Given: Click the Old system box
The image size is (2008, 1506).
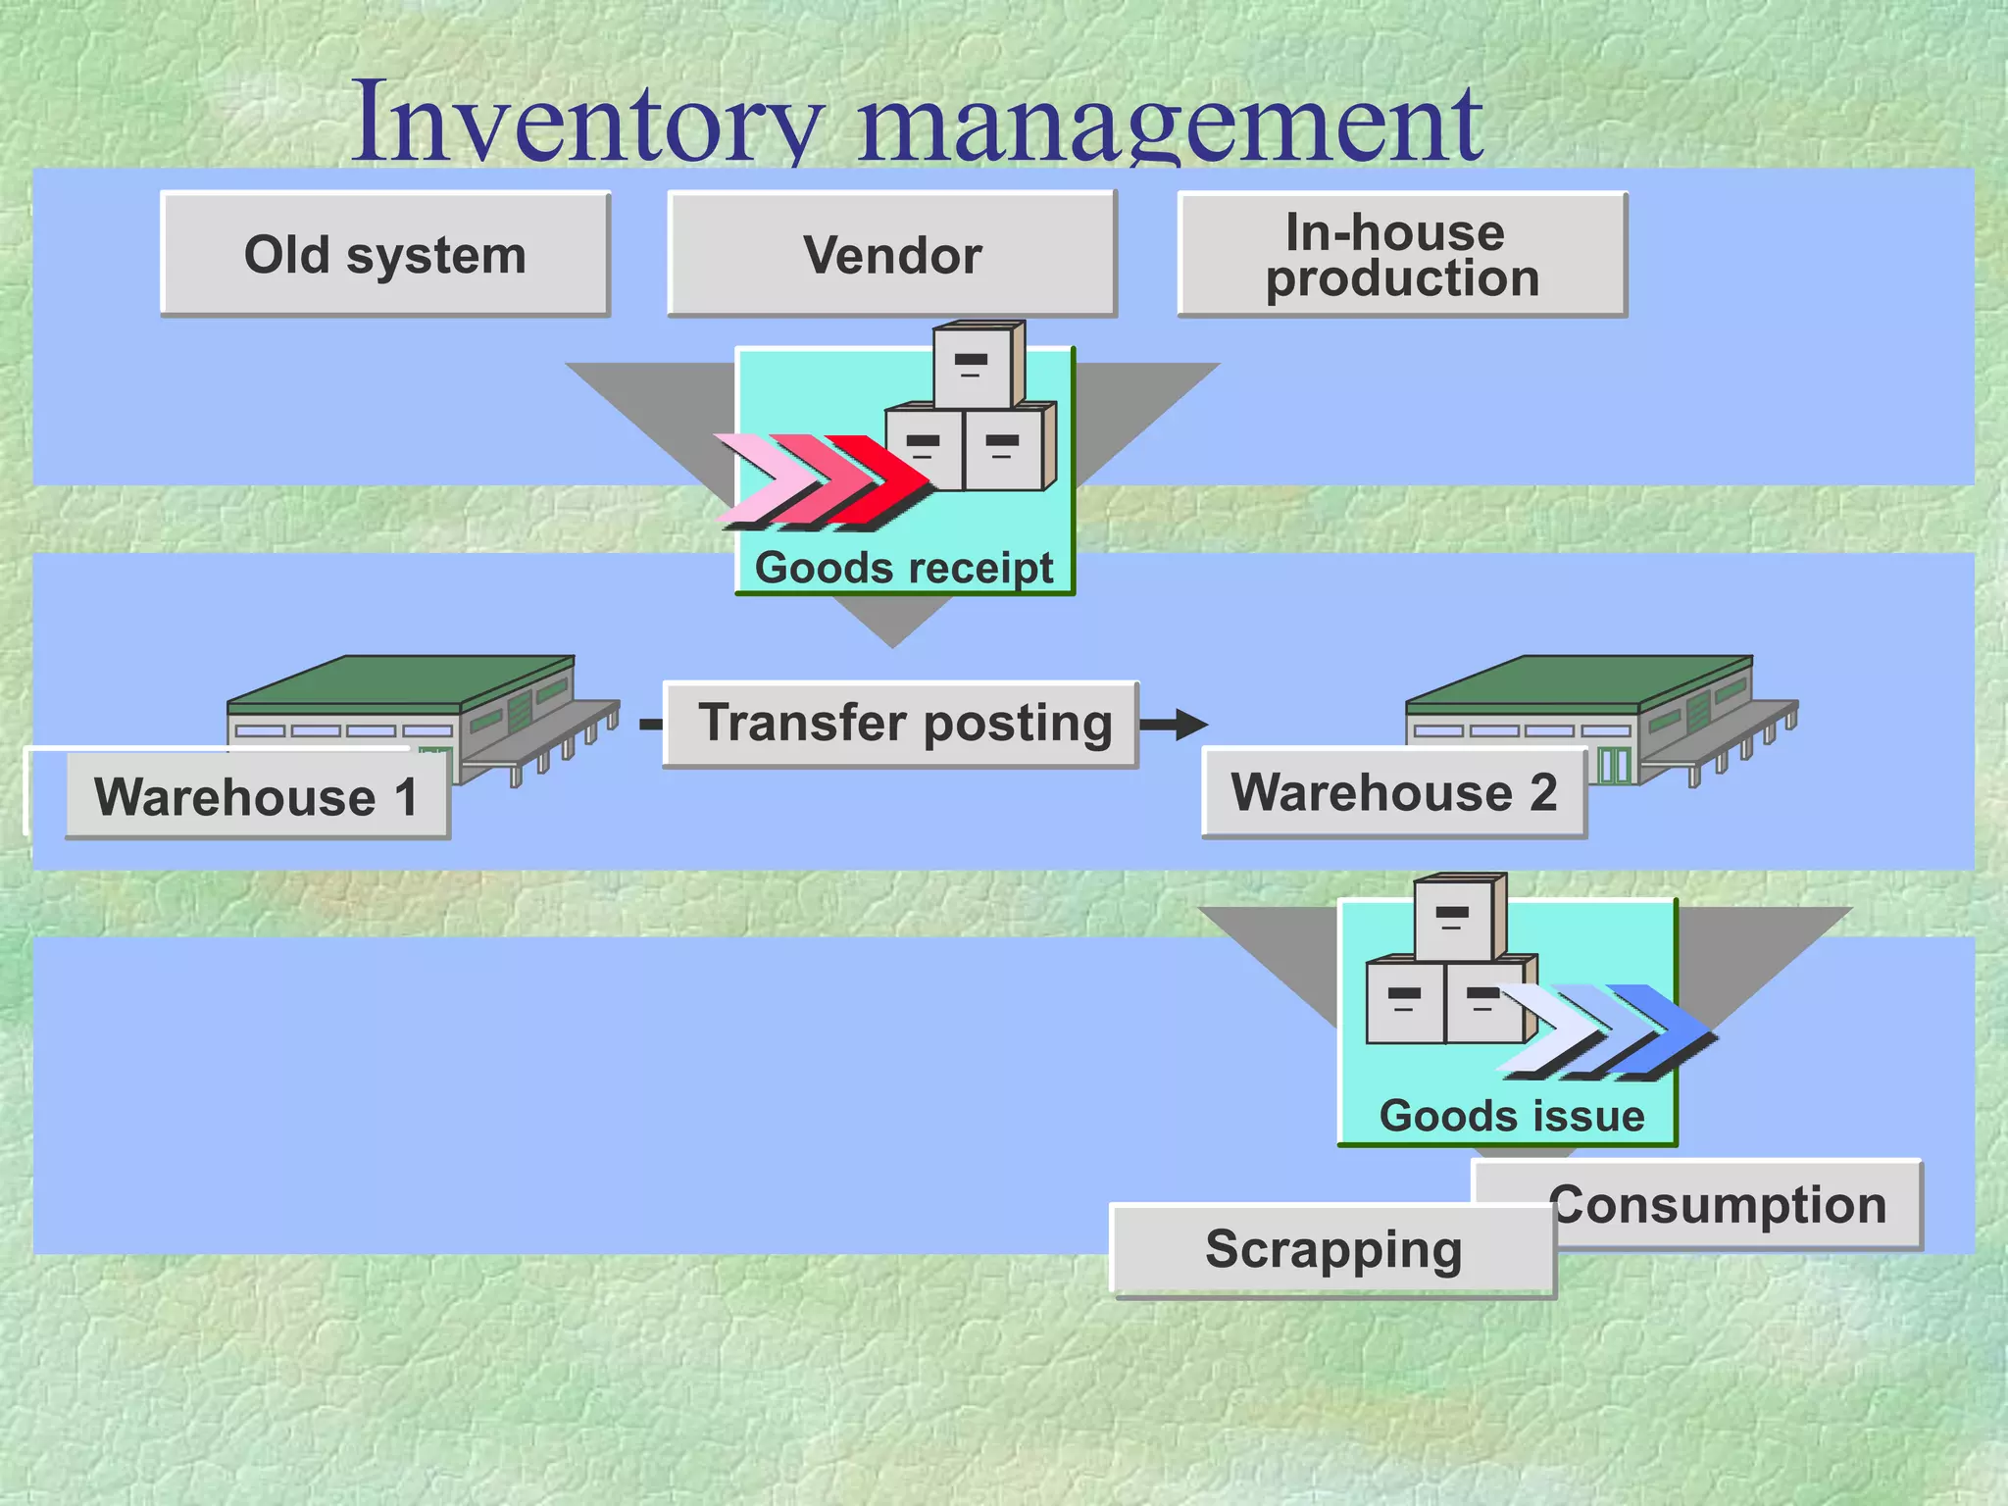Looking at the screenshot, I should (x=385, y=254).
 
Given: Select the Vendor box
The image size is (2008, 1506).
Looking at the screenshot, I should (x=892, y=254).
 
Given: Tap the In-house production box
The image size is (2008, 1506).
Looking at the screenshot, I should (x=1402, y=254).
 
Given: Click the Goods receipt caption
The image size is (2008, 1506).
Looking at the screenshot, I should (x=904, y=568).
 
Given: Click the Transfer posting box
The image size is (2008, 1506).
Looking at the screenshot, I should (x=901, y=724).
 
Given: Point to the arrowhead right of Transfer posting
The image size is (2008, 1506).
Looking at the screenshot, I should (x=1191, y=725).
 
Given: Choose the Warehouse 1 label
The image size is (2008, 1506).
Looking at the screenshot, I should (x=257, y=795).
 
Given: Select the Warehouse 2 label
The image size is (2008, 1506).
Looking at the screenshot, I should (x=1393, y=792).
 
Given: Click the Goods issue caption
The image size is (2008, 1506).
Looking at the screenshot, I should (x=1511, y=1116).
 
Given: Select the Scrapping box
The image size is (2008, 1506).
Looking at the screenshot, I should (x=1333, y=1250).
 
